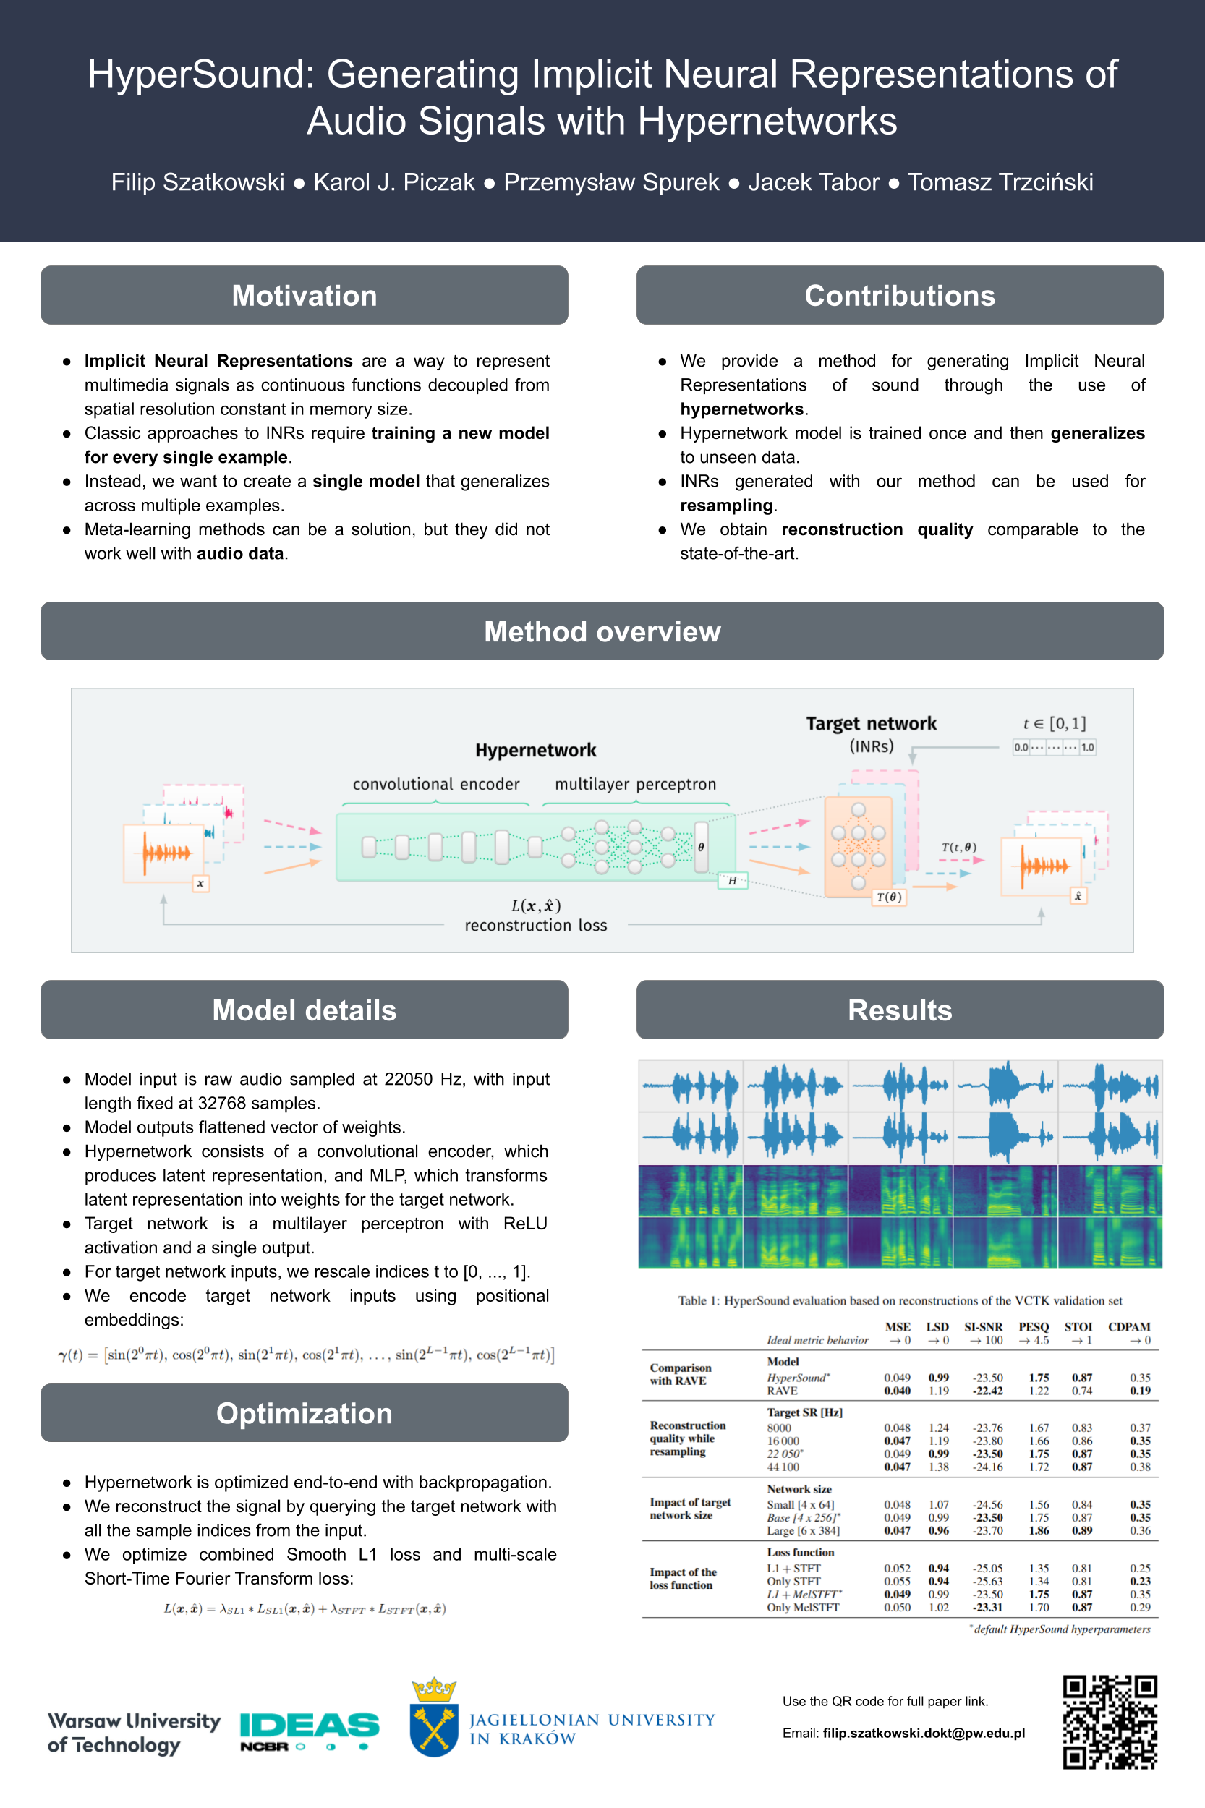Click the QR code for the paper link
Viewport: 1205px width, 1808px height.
point(1110,1722)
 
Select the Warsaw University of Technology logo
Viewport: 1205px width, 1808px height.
point(134,1732)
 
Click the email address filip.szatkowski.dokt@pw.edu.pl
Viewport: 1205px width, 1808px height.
point(923,1733)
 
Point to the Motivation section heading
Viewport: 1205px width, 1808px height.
point(305,296)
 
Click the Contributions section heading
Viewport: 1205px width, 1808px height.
point(899,296)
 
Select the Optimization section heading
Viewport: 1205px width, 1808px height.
point(305,1413)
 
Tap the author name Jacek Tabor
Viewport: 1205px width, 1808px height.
point(813,182)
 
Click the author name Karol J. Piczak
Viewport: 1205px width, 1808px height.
point(393,182)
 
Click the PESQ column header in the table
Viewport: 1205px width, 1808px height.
point(1033,1327)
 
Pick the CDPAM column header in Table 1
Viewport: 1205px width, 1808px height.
point(1128,1327)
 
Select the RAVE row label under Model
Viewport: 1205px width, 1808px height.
point(782,1391)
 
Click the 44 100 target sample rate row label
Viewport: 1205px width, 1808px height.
point(783,1467)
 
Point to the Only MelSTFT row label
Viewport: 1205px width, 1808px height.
point(802,1607)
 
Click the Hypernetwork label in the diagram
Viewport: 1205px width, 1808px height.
point(536,750)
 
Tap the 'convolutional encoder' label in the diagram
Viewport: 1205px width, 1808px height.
point(435,784)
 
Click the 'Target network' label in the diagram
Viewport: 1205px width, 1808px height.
point(871,723)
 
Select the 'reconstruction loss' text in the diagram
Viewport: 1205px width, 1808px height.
point(536,925)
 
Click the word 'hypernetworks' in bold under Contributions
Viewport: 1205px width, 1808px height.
point(741,409)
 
